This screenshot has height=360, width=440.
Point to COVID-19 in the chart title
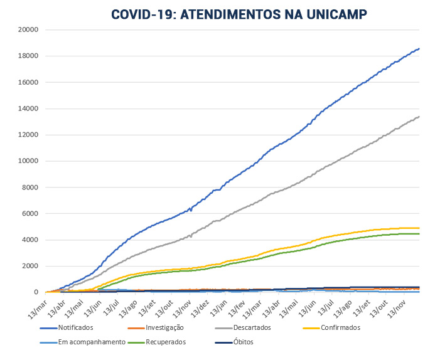pyautogui.click(x=143, y=14)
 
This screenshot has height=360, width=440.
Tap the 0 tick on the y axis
pyautogui.click(x=37, y=292)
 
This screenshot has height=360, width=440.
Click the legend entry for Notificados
pyautogui.click(x=75, y=327)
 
